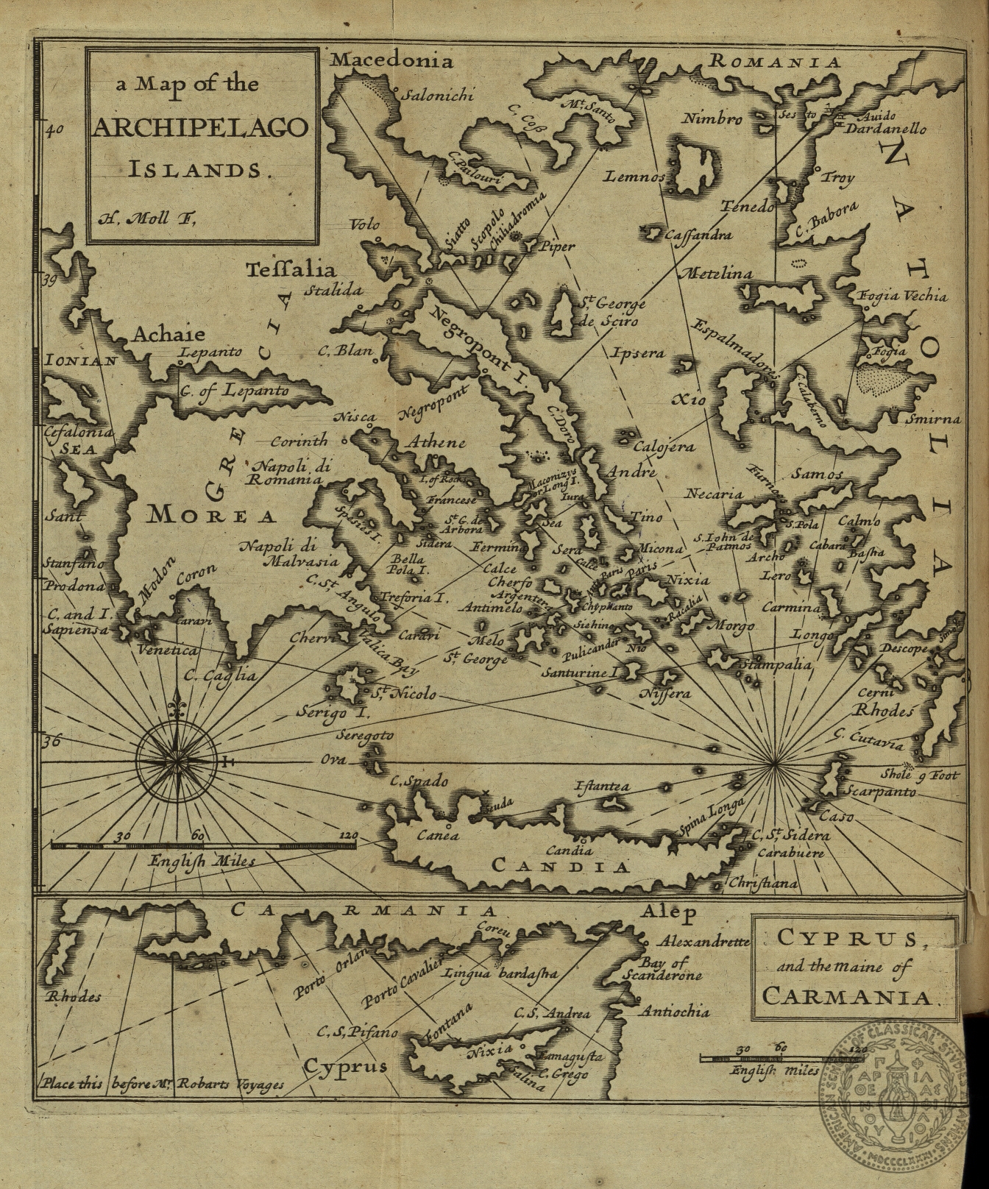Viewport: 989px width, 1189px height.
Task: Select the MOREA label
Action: click(x=213, y=514)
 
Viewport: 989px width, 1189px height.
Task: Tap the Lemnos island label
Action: click(x=636, y=177)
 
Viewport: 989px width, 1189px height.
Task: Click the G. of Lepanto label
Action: click(x=234, y=390)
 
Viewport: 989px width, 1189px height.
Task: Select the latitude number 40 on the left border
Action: click(x=56, y=132)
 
